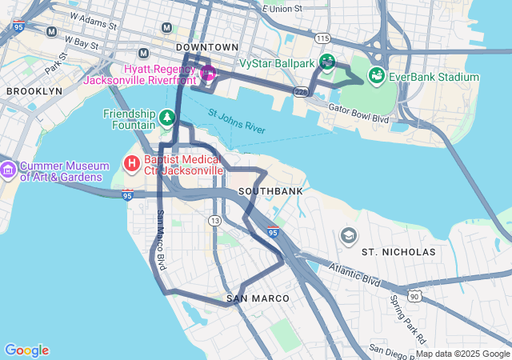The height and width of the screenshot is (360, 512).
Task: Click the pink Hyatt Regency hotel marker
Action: pos(208,74)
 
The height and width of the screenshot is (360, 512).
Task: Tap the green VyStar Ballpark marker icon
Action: pos(326,61)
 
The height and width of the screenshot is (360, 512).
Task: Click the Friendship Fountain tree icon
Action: pos(166,118)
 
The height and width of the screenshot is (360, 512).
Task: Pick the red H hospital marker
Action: pos(131,164)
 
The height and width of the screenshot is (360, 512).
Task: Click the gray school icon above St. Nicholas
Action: pos(348,235)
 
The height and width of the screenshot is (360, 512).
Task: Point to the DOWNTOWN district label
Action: pos(207,48)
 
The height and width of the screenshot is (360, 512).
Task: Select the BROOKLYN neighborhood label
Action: pos(34,91)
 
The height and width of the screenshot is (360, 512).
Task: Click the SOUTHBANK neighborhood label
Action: pos(270,192)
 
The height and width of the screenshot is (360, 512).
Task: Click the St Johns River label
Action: pos(236,121)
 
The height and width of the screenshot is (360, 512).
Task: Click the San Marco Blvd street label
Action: pos(161,239)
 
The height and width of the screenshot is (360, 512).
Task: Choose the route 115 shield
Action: pos(322,38)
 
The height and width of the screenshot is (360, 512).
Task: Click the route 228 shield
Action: pos(301,92)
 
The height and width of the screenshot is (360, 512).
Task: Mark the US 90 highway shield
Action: pos(414,296)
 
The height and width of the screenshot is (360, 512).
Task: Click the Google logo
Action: pos(26,350)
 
